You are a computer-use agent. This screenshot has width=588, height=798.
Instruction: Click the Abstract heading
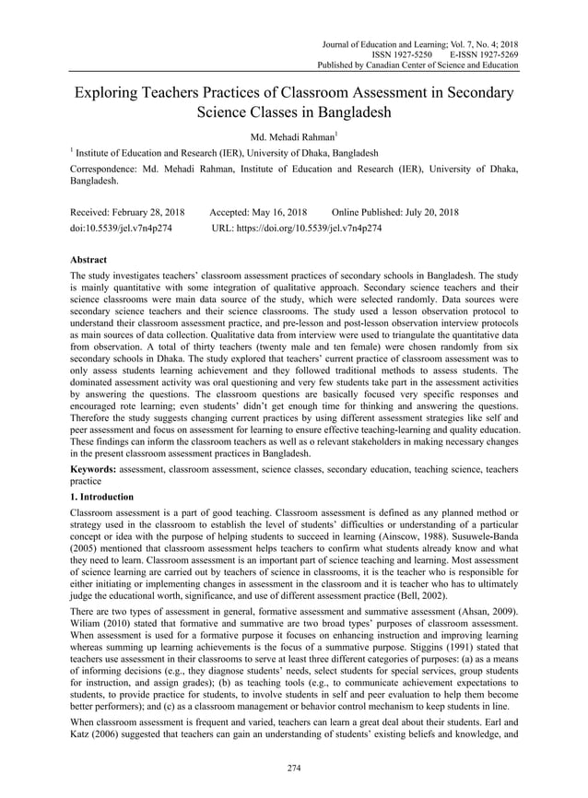[89, 260]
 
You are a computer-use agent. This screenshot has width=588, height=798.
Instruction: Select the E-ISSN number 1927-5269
[495, 54]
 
